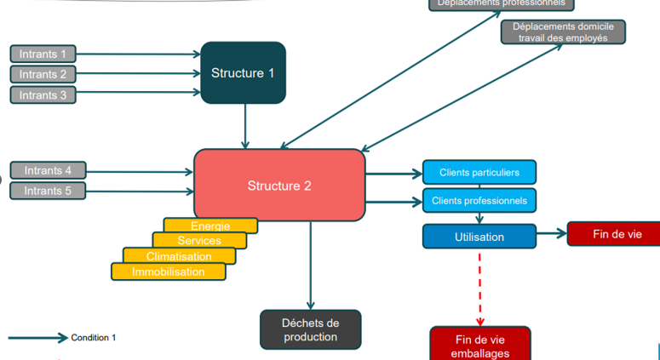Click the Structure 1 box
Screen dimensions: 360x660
point(243,72)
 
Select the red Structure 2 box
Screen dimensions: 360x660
point(279,185)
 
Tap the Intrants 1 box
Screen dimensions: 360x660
point(43,54)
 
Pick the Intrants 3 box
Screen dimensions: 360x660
point(43,94)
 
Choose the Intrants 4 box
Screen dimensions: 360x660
point(48,170)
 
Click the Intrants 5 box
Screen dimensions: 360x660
point(48,191)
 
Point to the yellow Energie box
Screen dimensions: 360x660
point(210,226)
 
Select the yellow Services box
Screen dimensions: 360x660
point(199,241)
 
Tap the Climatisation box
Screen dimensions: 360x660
point(179,256)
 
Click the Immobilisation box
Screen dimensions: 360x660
point(168,271)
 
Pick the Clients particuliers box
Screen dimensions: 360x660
point(479,173)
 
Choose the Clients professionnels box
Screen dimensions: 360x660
point(479,201)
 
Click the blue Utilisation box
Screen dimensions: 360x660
point(479,237)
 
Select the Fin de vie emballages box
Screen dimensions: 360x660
point(480,345)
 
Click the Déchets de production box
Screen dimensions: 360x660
point(310,329)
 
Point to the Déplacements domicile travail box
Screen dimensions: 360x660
point(563,32)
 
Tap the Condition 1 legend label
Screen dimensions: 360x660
point(93,338)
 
